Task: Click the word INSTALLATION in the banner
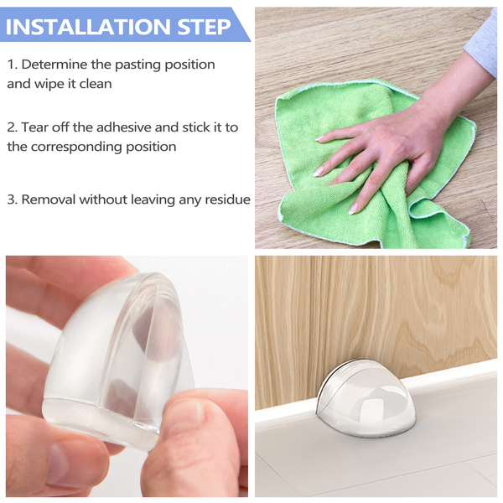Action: coord(88,27)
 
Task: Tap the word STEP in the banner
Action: coord(205,27)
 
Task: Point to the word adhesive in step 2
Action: coord(124,127)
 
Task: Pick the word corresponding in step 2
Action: coord(76,148)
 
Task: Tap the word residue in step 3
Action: coord(228,200)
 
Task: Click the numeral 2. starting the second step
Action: coord(13,127)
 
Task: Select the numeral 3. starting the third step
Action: coord(13,200)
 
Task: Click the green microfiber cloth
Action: coord(376,167)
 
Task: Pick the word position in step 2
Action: coord(151,148)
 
